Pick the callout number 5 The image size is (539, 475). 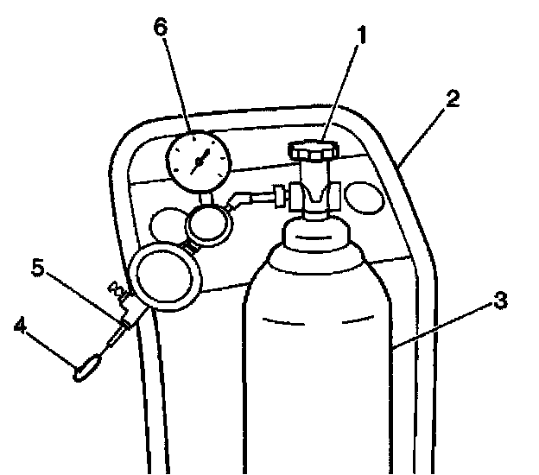(37, 269)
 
